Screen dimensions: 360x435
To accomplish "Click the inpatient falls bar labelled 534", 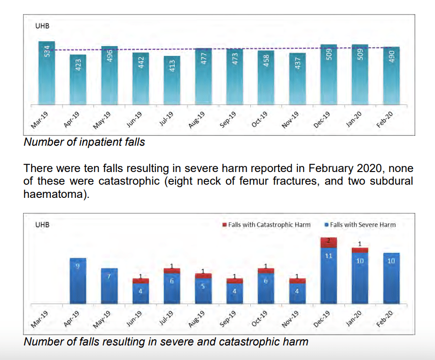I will pyautogui.click(x=47, y=73).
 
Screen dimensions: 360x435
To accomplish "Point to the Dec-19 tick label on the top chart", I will pyautogui.click(x=322, y=120).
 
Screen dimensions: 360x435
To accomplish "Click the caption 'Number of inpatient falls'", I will pyautogui.click(x=84, y=142).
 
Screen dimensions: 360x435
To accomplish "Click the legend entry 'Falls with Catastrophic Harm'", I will pyautogui.click(x=266, y=225).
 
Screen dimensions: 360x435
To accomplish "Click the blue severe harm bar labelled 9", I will pyautogui.click(x=78, y=281).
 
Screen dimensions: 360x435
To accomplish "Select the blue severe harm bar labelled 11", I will pyautogui.click(x=329, y=275).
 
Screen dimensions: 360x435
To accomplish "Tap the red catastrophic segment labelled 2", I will pyautogui.click(x=329, y=242).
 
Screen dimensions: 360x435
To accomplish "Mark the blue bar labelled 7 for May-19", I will pyautogui.click(x=109, y=286).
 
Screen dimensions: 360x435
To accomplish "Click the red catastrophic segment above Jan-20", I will pyautogui.click(x=360, y=250).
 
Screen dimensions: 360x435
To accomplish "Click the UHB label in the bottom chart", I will pyautogui.click(x=42, y=225).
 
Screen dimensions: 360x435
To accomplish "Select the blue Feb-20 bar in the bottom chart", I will pyautogui.click(x=391, y=278).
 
